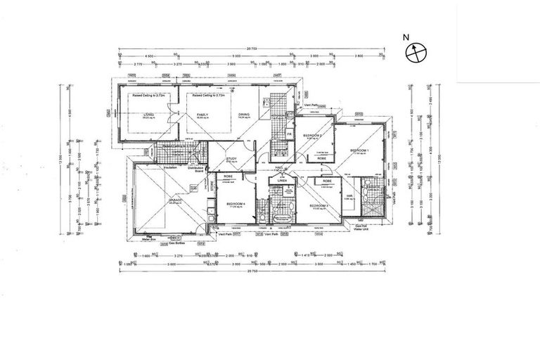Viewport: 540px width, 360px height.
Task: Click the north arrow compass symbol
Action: click(416, 51)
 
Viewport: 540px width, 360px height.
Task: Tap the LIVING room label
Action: click(148, 115)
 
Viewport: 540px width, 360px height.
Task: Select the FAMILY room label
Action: click(203, 115)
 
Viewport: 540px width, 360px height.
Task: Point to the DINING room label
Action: click(243, 115)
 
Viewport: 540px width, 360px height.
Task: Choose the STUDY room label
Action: click(230, 159)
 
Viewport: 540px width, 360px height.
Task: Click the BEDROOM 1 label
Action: click(359, 150)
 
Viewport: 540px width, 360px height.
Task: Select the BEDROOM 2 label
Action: click(312, 134)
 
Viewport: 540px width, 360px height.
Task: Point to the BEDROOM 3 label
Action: click(320, 205)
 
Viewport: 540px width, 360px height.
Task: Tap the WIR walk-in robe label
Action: click(349, 196)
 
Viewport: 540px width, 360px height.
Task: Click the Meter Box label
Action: click(147, 238)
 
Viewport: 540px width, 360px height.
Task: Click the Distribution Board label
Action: click(195, 169)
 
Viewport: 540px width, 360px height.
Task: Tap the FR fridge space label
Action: click(289, 134)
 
